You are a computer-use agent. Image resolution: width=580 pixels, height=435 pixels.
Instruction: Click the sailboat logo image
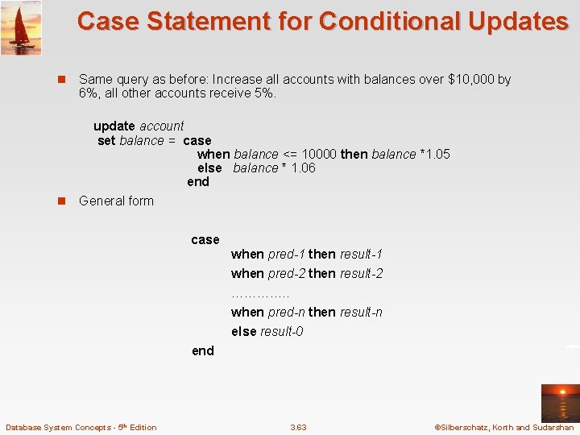21,28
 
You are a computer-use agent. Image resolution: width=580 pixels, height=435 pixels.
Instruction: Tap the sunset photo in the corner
559,403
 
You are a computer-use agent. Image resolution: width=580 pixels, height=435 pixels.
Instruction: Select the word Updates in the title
524,21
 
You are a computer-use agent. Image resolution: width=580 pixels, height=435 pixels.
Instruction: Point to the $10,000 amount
471,79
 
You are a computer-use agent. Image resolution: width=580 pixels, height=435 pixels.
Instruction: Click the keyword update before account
114,126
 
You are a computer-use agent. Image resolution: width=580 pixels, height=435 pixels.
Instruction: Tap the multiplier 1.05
436,154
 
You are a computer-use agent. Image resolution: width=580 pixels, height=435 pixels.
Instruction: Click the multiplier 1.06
303,168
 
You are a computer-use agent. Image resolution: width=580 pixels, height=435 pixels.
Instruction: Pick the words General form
116,201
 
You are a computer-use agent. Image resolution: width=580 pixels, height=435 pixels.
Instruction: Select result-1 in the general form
361,254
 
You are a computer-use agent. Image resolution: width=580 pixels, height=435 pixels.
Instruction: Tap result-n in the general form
361,312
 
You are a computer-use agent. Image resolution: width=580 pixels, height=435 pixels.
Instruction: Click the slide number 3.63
298,427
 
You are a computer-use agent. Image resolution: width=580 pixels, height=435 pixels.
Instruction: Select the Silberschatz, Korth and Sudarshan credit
503,427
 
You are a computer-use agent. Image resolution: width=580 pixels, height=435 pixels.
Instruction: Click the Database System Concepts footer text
81,427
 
